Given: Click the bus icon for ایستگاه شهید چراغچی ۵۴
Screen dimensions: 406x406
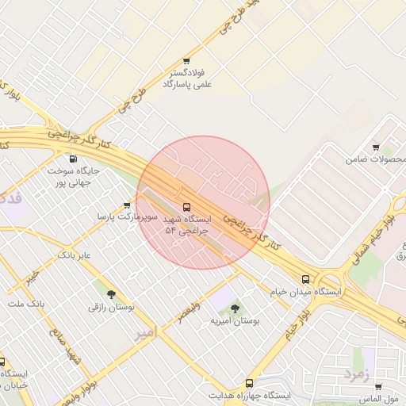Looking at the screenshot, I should pos(186,208).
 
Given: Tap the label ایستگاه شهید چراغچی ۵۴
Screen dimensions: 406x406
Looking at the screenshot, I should pos(186,224).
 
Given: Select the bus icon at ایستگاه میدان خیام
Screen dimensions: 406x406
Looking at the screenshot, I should pos(306,279).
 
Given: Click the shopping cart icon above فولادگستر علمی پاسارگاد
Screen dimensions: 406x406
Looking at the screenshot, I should pos(186,60).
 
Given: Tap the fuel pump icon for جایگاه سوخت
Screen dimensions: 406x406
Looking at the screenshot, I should pos(75,158).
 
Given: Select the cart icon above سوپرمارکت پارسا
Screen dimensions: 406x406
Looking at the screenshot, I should pos(127,205).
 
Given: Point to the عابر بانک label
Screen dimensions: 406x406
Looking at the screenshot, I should pos(75,255).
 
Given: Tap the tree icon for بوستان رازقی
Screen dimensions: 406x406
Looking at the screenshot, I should pos(111,294).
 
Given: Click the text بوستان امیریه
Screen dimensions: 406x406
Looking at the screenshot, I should pos(236,322).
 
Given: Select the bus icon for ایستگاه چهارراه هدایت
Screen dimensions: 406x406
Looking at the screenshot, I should pos(250,383).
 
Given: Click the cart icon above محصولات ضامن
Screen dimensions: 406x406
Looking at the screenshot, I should pos(376,147).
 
